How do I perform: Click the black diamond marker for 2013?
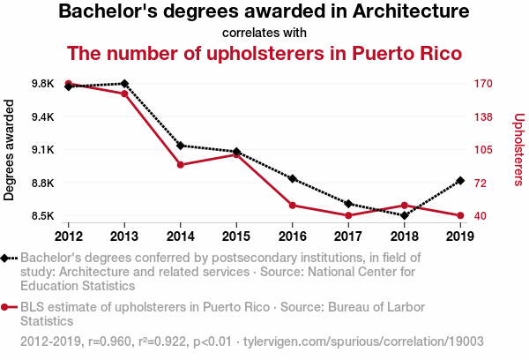pyautogui.click(x=124, y=84)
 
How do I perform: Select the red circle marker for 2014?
pyautogui.click(x=180, y=165)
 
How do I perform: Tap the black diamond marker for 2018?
pyautogui.click(x=404, y=215)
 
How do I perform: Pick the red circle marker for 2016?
pyautogui.click(x=292, y=206)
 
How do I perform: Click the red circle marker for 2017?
pyautogui.click(x=348, y=215)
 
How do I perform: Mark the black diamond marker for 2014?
pyautogui.click(x=180, y=146)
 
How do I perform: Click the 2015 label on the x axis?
pyautogui.click(x=236, y=236)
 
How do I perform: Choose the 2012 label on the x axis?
pyautogui.click(x=68, y=236)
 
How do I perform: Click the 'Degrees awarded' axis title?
pyautogui.click(x=10, y=150)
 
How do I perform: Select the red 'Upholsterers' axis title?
pyautogui.click(x=518, y=150)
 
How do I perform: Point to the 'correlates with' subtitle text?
pyautogui.click(x=264, y=33)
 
